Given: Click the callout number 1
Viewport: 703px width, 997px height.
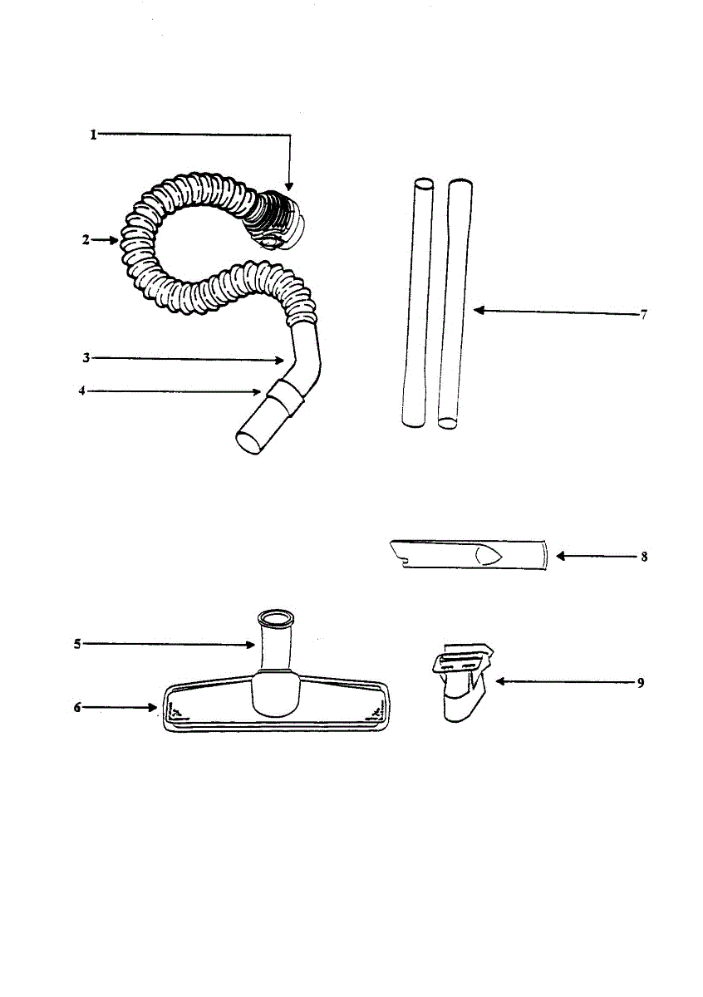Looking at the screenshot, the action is [x=94, y=135].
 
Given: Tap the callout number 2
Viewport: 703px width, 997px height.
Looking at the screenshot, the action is [x=86, y=240].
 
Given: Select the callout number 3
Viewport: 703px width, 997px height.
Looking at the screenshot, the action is [x=86, y=358].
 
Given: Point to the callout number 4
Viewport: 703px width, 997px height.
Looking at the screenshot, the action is [x=82, y=390].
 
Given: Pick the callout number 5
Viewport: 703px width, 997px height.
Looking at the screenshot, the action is [x=77, y=644].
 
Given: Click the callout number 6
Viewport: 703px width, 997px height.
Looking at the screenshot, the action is [x=77, y=708].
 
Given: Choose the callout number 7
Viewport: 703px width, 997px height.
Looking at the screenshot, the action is [x=643, y=315].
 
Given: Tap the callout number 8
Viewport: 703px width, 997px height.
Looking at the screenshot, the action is [x=644, y=557].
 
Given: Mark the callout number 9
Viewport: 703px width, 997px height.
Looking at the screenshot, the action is [x=641, y=683].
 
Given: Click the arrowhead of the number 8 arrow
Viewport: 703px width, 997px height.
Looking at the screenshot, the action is [x=559, y=557].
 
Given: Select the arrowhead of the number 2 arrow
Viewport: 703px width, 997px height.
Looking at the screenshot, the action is [x=116, y=240].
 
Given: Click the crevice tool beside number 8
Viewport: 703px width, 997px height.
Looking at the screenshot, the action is [x=465, y=554].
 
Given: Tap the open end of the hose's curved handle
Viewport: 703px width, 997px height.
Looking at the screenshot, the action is [x=250, y=440].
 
